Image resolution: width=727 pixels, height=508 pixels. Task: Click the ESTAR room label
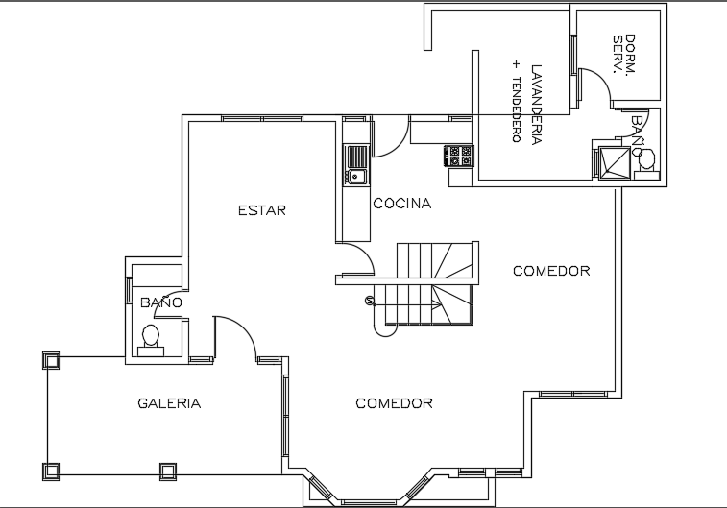pyautogui.click(x=262, y=210)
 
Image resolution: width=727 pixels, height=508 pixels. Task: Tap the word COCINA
pyautogui.click(x=401, y=204)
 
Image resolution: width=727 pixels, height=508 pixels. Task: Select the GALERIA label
pyautogui.click(x=169, y=403)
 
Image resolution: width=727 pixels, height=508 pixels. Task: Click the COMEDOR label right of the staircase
pyautogui.click(x=550, y=271)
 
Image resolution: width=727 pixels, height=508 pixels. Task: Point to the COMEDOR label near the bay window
pyautogui.click(x=394, y=403)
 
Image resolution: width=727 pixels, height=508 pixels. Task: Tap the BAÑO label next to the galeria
pyautogui.click(x=160, y=302)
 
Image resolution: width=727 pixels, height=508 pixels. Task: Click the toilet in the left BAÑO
pyautogui.click(x=151, y=337)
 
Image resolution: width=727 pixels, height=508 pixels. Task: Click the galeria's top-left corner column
pyautogui.click(x=50, y=360)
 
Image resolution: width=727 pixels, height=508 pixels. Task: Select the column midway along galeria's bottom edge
pyautogui.click(x=167, y=471)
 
